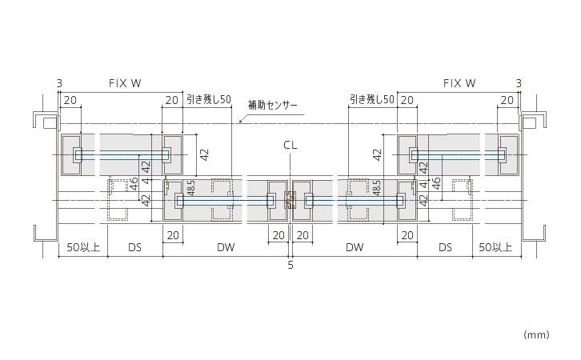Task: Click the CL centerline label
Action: pyautogui.click(x=290, y=145)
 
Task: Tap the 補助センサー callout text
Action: pyautogui.click(x=273, y=105)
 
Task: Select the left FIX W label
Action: pyautogui.click(x=125, y=83)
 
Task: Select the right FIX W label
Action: pyautogui.click(x=459, y=83)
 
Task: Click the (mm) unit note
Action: pyautogui.click(x=536, y=335)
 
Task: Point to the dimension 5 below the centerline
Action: pyautogui.click(x=290, y=265)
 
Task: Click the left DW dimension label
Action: pyautogui.click(x=226, y=247)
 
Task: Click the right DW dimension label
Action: pyautogui.click(x=355, y=247)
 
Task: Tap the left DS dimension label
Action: pyautogui.click(x=135, y=247)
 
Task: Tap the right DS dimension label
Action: pyautogui.click(x=445, y=247)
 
